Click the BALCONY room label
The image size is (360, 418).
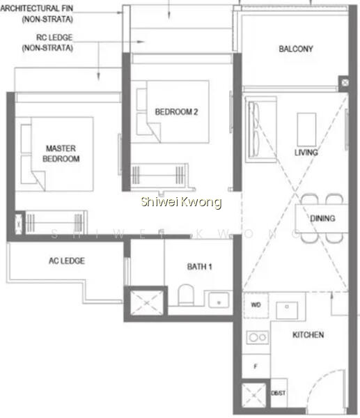(296, 49)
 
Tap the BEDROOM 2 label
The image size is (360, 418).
(176, 111)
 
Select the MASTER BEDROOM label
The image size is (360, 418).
(61, 153)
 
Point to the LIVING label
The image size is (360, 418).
(306, 153)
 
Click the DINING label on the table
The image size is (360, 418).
(322, 219)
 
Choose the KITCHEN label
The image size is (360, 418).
(308, 335)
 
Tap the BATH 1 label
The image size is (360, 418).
(200, 267)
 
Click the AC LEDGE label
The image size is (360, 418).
(67, 261)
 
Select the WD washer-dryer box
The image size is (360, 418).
(256, 305)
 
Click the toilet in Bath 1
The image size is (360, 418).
(186, 295)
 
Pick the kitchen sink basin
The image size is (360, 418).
(287, 310)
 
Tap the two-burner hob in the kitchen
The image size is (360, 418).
(258, 337)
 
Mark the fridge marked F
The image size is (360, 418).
(256, 366)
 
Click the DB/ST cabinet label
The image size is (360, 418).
(279, 393)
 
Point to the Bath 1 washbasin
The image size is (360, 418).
(219, 300)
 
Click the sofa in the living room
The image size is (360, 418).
(261, 130)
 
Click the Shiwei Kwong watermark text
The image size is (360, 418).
(181, 202)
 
